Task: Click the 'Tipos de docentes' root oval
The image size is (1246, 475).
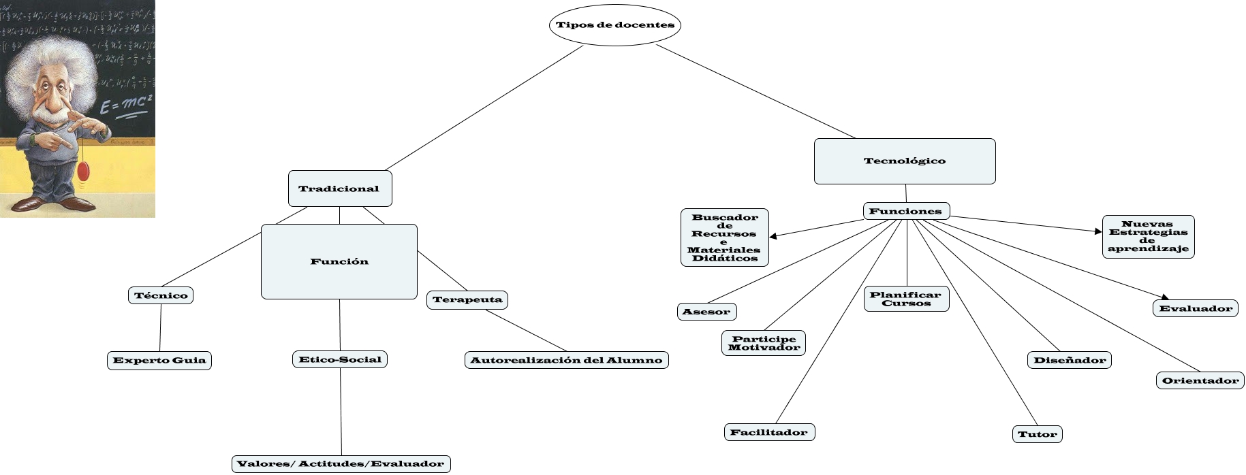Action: pyautogui.click(x=614, y=25)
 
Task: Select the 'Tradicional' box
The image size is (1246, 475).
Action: pyautogui.click(x=339, y=189)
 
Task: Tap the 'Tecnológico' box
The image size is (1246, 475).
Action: pyautogui.click(x=905, y=161)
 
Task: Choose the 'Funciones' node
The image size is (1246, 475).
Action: pyautogui.click(x=906, y=211)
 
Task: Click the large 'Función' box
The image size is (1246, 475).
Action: pyautogui.click(x=339, y=261)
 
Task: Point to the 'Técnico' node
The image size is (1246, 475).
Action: pyautogui.click(x=161, y=295)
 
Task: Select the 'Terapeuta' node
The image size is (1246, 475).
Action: pyautogui.click(x=467, y=299)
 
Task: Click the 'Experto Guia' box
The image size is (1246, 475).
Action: pyautogui.click(x=159, y=360)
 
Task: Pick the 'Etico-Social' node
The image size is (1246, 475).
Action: pyautogui.click(x=340, y=359)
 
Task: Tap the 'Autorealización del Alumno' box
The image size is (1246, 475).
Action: pyautogui.click(x=566, y=360)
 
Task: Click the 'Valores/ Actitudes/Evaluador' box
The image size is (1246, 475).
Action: pyautogui.click(x=341, y=464)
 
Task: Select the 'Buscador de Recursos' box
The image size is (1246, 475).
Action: pyautogui.click(x=725, y=237)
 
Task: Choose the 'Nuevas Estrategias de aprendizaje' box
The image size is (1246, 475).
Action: pyautogui.click(x=1148, y=237)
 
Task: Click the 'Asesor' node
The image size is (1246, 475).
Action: pyautogui.click(x=706, y=312)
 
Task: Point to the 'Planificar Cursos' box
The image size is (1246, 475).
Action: pyautogui.click(x=906, y=299)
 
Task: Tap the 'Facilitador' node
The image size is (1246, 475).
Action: pyautogui.click(x=768, y=432)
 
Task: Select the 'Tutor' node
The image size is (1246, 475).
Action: pyautogui.click(x=1037, y=434)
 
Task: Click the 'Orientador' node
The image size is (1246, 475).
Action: pyautogui.click(x=1200, y=380)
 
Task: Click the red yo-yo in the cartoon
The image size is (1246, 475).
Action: pyautogui.click(x=83, y=171)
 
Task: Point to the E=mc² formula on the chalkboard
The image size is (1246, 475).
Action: pyautogui.click(x=125, y=105)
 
